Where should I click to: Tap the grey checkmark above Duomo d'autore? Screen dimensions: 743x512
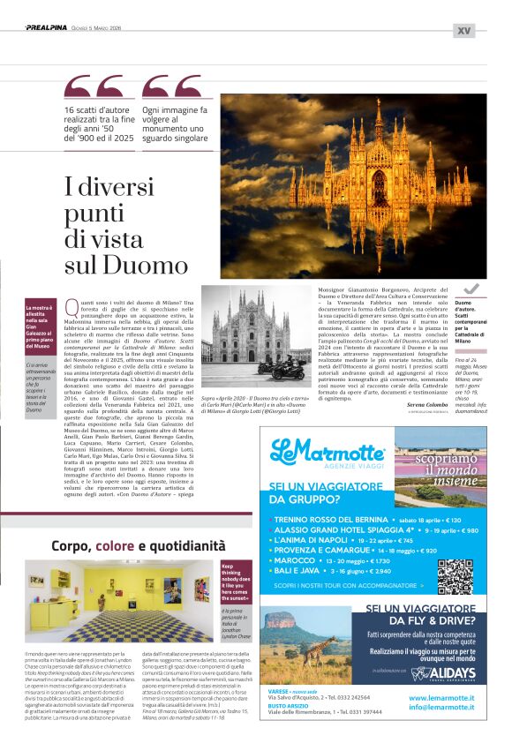tap(471, 289)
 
